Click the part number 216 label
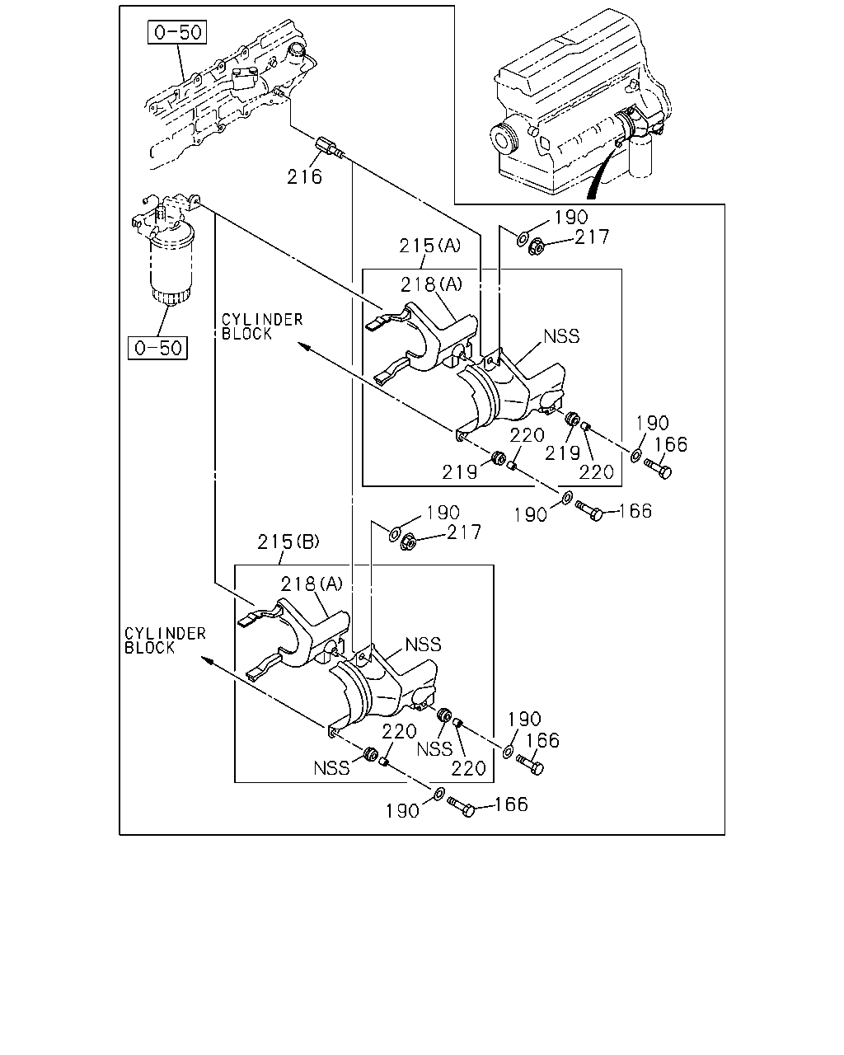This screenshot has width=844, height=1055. [x=304, y=176]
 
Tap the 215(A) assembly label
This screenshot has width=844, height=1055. [x=429, y=245]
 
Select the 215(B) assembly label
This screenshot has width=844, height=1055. [x=288, y=542]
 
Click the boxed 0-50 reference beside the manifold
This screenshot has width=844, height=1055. [x=177, y=32]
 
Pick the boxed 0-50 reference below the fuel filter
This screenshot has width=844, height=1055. [x=157, y=348]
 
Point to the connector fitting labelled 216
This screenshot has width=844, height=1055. [x=330, y=148]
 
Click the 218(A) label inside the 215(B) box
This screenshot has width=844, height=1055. [x=312, y=584]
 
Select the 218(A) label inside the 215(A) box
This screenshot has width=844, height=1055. [x=431, y=284]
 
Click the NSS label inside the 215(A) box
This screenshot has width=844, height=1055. [x=561, y=336]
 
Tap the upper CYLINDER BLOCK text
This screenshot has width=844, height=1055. [x=262, y=326]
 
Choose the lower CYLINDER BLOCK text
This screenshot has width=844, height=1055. [x=165, y=640]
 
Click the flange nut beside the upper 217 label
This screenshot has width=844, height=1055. [x=537, y=246]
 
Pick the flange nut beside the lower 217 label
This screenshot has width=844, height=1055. [x=409, y=542]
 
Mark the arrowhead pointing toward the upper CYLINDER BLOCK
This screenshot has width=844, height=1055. [x=304, y=347]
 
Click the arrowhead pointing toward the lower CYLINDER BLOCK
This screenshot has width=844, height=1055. [x=208, y=661]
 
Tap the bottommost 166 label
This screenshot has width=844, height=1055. [x=512, y=804]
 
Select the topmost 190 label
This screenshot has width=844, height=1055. [x=571, y=217]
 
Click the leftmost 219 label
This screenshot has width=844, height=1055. [x=460, y=472]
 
